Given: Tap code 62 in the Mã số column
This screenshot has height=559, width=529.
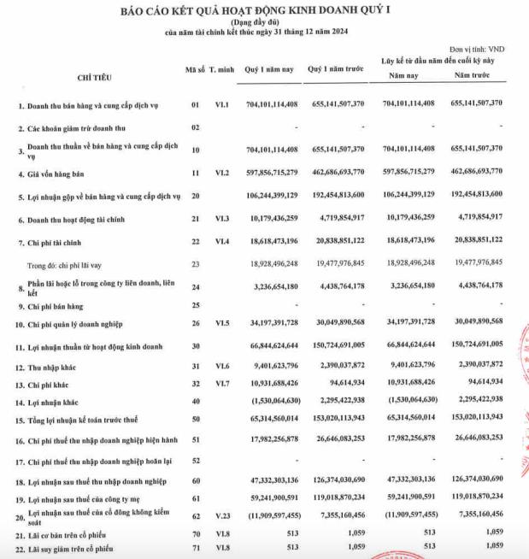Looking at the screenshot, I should click(196, 516).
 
